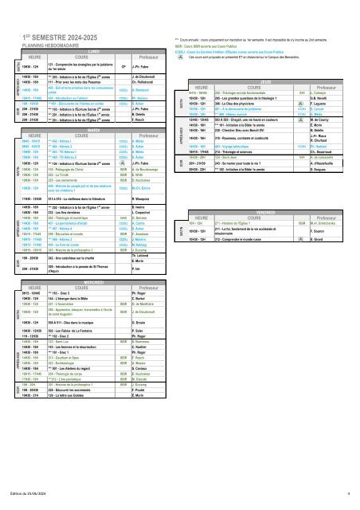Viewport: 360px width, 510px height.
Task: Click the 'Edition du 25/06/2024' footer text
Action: (x=37, y=493)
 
